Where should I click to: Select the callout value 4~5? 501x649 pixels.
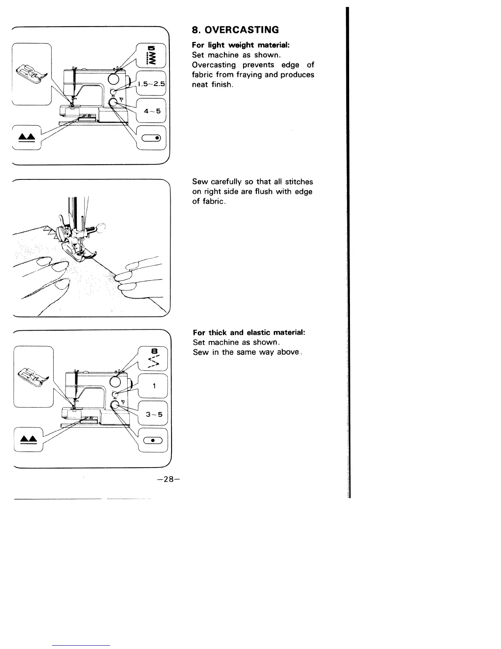pos(151,111)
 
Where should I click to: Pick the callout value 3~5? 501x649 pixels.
pos(154,414)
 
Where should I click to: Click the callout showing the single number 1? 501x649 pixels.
pos(153,386)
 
